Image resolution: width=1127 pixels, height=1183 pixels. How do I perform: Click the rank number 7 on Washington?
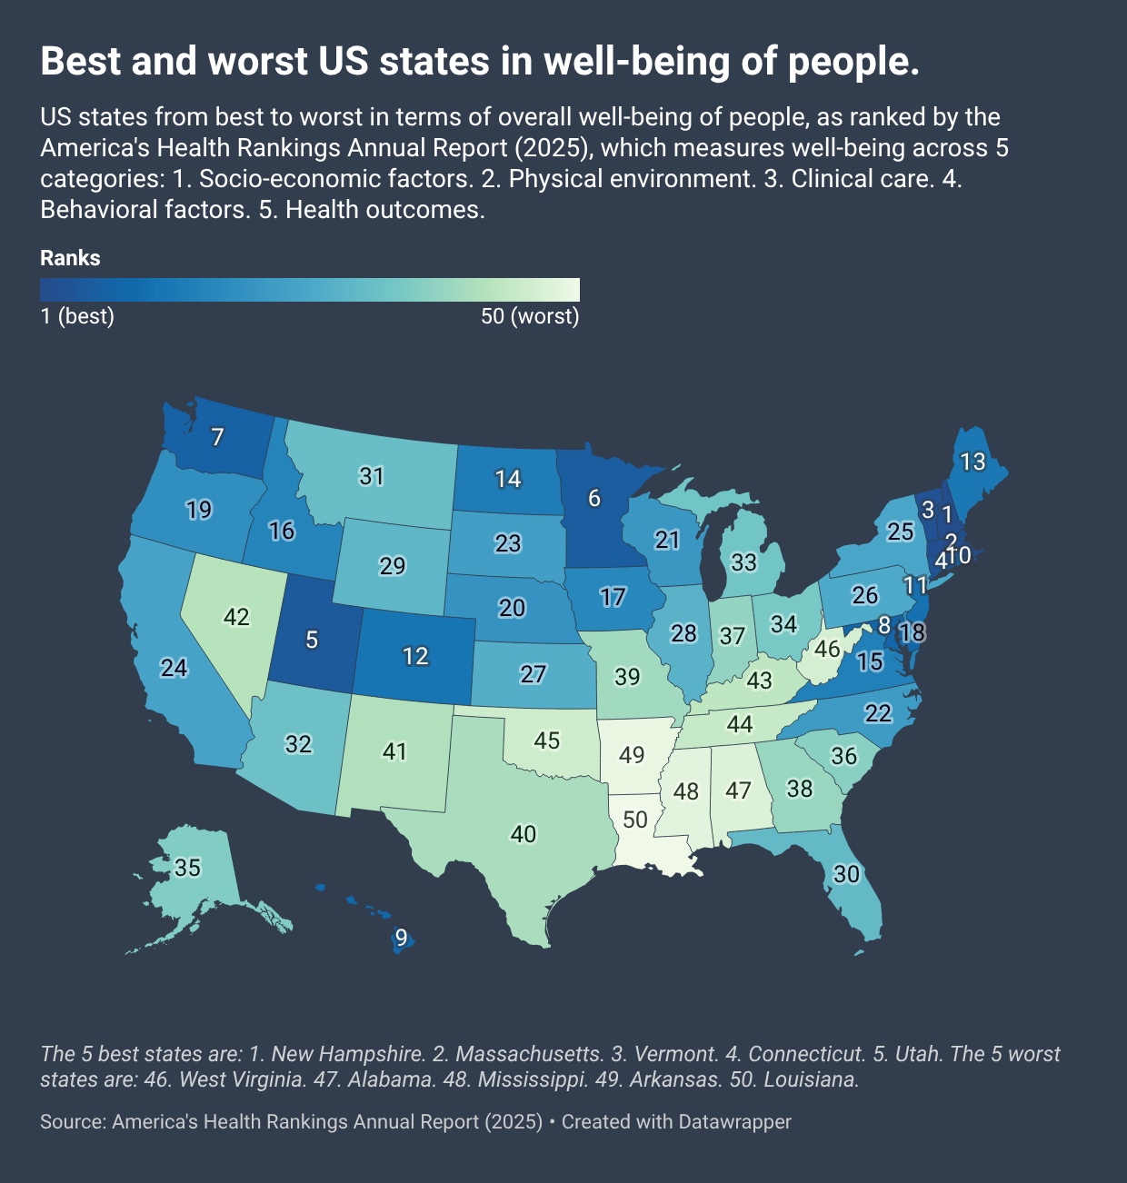[217, 437]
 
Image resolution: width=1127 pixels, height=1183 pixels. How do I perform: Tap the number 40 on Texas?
[524, 833]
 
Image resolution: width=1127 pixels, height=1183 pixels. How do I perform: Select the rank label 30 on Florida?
[846, 874]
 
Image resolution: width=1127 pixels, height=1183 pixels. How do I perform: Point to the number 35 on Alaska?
[187, 868]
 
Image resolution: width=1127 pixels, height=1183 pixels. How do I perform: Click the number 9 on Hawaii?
[401, 939]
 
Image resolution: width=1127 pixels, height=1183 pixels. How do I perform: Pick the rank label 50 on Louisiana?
[634, 820]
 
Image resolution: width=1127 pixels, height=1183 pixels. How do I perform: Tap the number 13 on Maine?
[972, 462]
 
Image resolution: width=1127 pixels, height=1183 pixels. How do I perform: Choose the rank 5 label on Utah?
[312, 640]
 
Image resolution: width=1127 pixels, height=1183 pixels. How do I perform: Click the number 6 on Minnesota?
[594, 498]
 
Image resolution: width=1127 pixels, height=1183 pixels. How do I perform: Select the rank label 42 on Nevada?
[236, 617]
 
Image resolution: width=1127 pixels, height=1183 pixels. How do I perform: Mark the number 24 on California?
[174, 668]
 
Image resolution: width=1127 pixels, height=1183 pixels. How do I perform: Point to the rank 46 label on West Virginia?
[827, 649]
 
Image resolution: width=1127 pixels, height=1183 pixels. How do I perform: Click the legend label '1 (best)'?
[77, 317]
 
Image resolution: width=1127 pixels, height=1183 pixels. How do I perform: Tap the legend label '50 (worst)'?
[530, 317]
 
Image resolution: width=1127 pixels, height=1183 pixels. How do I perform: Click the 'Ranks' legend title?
[70, 258]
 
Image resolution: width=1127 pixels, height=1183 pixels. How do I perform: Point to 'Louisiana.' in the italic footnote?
[811, 1079]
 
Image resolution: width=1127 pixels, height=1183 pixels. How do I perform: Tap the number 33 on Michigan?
[743, 562]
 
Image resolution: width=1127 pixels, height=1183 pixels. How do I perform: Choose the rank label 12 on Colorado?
[415, 656]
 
